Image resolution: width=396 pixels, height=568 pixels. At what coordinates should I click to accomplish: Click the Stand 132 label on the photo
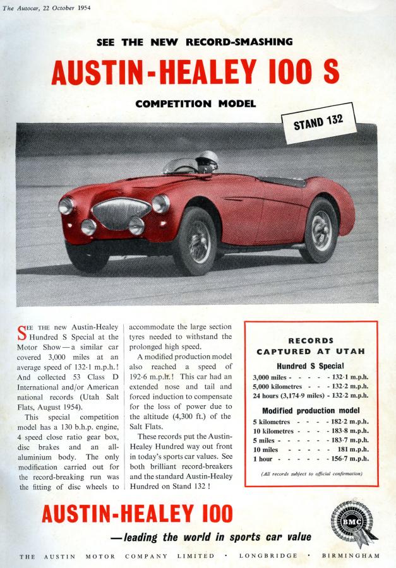[x=318, y=120]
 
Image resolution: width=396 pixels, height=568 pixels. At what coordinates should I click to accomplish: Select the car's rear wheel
[x=320, y=230]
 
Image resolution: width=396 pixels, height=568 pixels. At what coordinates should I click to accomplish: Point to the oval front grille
[x=121, y=213]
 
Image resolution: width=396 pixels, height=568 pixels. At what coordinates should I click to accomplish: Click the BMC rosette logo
[x=352, y=523]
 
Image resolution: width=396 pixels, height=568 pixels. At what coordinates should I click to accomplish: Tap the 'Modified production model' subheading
[x=310, y=410]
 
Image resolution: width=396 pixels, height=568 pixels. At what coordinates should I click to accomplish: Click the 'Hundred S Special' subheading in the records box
[x=309, y=365]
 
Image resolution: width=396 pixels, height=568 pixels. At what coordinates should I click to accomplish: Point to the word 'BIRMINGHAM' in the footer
[x=351, y=556]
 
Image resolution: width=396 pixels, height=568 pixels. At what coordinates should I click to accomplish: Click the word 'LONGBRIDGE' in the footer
[x=268, y=556]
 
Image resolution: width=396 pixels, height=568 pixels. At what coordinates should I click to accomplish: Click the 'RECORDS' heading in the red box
[x=310, y=341]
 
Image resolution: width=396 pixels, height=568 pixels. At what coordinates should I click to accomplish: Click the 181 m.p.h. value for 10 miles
[x=352, y=449]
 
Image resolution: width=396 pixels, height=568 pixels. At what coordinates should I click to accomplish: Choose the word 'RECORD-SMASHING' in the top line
[x=239, y=42]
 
